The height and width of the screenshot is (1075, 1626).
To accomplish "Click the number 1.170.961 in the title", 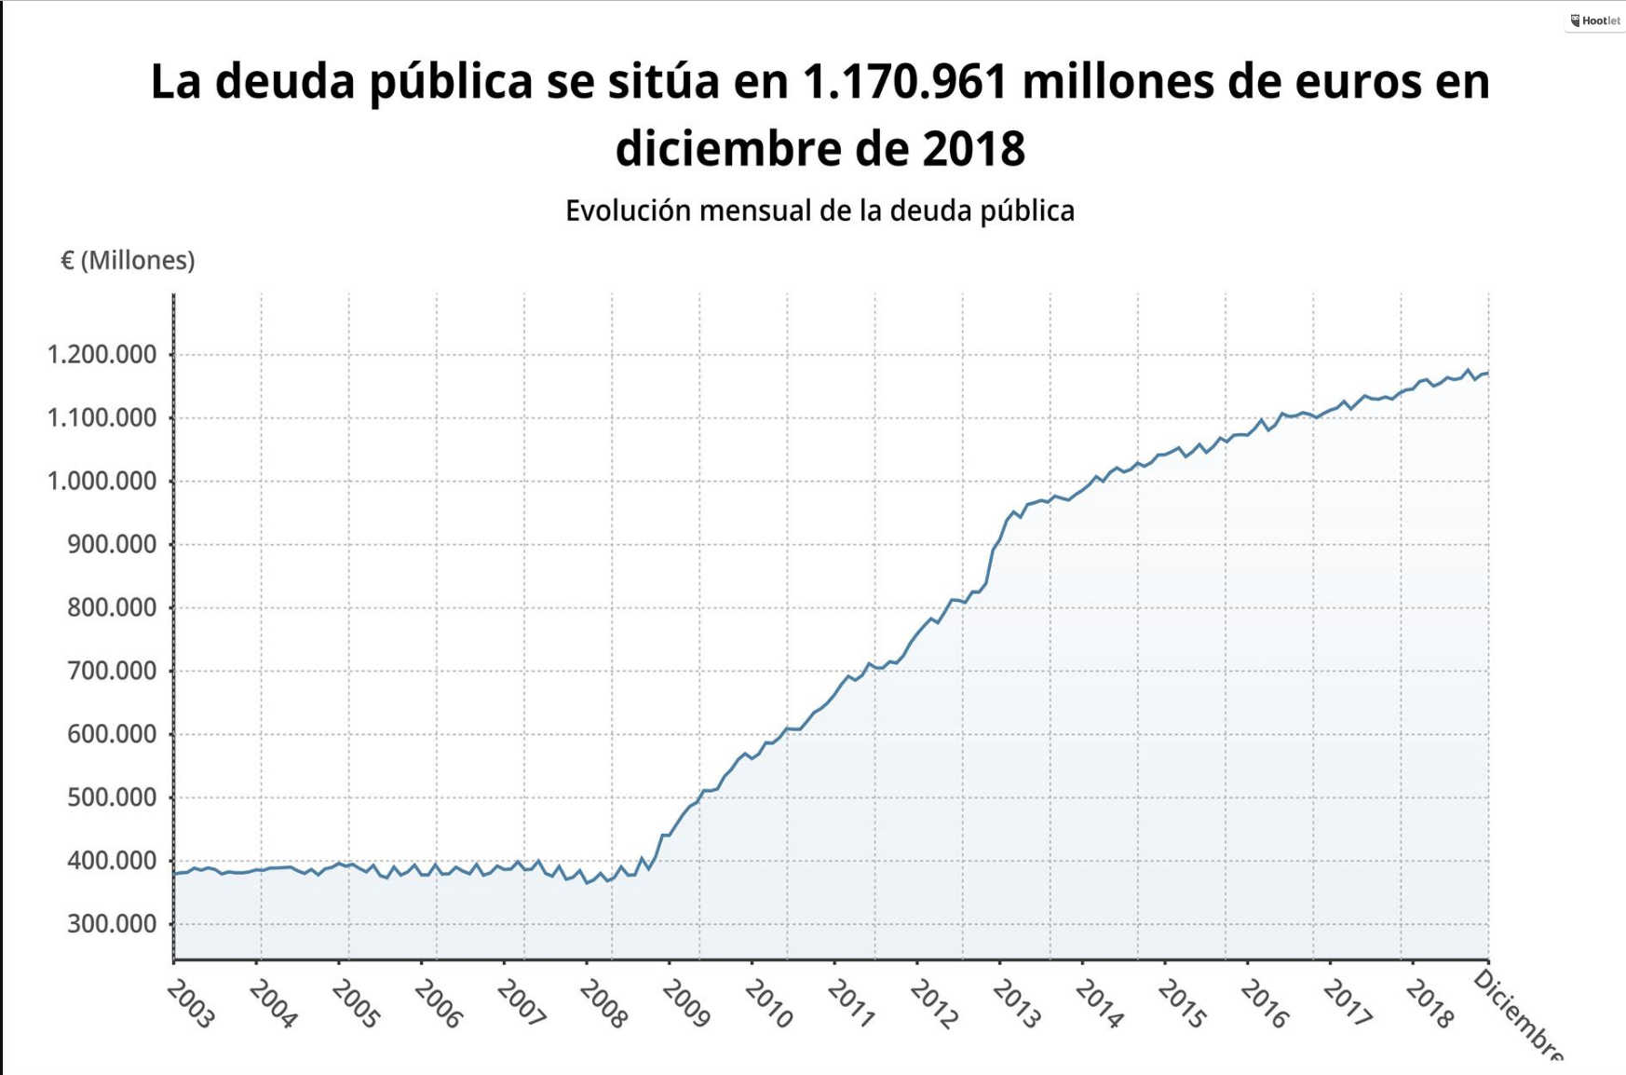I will coord(904,82).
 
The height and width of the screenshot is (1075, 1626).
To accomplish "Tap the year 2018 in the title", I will coord(973,149).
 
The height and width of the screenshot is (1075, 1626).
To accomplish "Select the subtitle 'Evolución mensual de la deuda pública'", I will coord(820,211).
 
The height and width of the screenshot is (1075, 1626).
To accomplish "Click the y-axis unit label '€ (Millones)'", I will coord(128,261).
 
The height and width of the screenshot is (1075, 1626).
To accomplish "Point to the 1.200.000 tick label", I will coord(102,355).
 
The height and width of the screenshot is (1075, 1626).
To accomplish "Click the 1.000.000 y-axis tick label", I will coord(102,482).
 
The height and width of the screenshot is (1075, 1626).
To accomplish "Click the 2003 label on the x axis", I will coord(190,1005).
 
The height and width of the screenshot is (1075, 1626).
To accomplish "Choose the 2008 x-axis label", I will coord(603,1005).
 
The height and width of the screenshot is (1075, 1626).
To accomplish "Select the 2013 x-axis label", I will coord(1016,1005).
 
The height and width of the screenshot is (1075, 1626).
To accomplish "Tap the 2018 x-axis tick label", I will coord(1430,1005).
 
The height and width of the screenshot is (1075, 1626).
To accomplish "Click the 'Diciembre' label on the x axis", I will coord(1518,1015).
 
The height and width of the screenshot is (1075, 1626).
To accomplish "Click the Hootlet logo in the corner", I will coord(1595,20).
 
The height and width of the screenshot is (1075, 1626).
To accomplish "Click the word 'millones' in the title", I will coord(1118,82).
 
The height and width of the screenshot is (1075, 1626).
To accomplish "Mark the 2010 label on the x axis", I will coord(768,1005).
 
